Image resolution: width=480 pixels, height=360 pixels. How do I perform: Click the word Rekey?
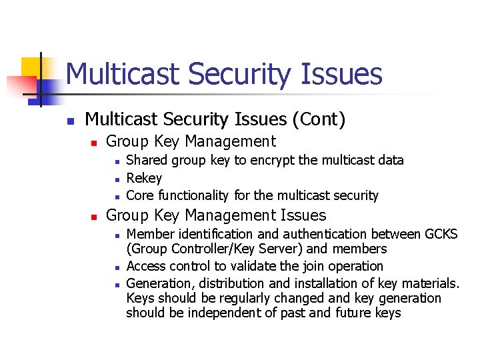[144, 178]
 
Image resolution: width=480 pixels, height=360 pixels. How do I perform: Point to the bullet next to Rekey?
[116, 179]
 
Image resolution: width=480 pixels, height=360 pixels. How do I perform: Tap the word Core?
[139, 195]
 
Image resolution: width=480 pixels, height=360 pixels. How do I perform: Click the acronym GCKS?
[441, 234]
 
